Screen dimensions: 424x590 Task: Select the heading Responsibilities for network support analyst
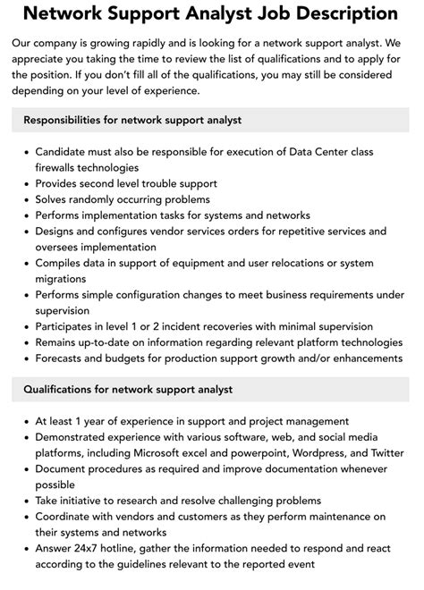[x=132, y=120]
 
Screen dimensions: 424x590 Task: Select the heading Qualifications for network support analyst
[x=128, y=390]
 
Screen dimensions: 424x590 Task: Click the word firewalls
[x=59, y=167]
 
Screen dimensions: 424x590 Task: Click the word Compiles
[x=61, y=264]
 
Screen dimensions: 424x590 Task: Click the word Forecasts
[x=64, y=358]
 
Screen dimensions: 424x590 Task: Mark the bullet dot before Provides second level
[x=24, y=184]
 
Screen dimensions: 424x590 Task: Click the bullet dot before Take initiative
[x=24, y=501]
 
